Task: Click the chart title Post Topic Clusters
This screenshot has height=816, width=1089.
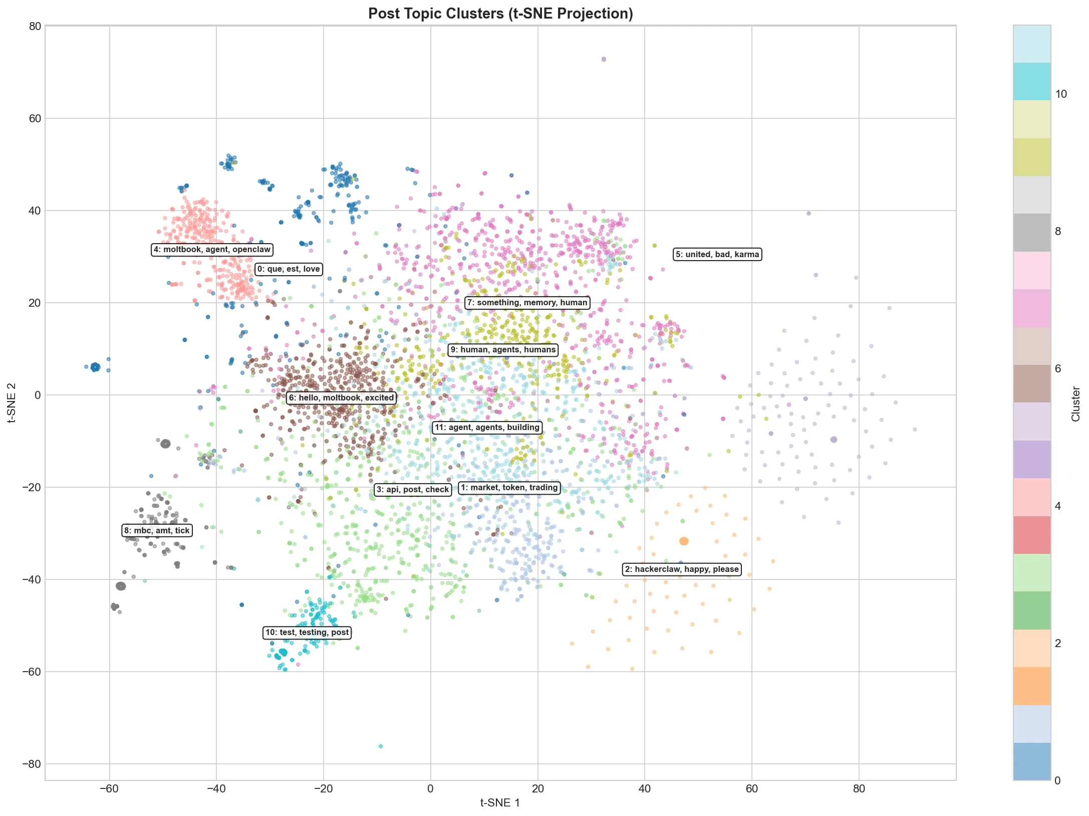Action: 500,14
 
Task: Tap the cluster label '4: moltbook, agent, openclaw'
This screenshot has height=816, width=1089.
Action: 212,250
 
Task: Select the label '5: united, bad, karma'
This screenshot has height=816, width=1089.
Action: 717,255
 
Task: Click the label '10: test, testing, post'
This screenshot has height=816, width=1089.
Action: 307,633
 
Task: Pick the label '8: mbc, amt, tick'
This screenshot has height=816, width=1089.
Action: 157,531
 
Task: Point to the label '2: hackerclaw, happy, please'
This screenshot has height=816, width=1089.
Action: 682,569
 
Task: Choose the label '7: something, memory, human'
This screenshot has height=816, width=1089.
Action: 527,303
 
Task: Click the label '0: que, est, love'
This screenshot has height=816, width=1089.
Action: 289,269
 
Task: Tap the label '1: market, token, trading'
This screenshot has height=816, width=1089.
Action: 509,488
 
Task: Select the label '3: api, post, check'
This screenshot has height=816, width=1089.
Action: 413,490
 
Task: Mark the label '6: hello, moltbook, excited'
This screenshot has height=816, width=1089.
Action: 342,398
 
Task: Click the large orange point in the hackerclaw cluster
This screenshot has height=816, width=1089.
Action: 684,541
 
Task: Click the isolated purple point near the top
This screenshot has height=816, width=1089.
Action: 604,59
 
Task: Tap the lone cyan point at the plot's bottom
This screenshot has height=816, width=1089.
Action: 381,746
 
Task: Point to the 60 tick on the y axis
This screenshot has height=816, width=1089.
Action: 35,118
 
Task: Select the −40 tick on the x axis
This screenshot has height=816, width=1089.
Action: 216,788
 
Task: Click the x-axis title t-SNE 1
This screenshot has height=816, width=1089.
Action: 500,803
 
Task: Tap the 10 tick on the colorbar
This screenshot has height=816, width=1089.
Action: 1061,94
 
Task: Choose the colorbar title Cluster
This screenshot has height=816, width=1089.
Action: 1075,403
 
